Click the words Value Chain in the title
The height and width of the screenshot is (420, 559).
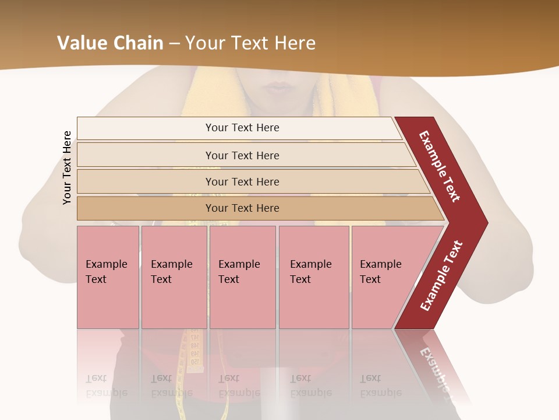[110, 43]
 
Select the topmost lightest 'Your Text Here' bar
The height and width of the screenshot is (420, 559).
[242, 128]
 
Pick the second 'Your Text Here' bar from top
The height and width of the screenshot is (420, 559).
[242, 155]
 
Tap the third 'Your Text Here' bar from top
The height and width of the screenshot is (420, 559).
[242, 181]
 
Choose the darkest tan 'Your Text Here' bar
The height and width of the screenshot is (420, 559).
[242, 208]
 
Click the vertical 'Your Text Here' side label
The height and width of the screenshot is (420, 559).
[67, 167]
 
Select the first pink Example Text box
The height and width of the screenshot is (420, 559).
[108, 276]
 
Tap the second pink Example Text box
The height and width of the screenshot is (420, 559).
[174, 276]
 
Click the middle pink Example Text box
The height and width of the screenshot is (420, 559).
[242, 276]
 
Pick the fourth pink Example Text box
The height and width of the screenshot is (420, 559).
[314, 276]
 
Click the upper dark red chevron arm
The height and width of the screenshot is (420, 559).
[440, 166]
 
